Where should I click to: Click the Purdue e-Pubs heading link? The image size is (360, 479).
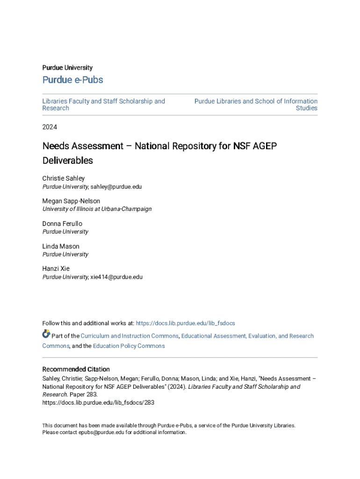point(72,80)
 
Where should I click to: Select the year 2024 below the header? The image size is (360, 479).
point(50,127)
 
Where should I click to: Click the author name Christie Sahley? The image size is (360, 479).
point(64,178)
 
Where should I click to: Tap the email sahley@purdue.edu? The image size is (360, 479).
point(116,187)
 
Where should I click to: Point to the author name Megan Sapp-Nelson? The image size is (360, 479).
point(71,201)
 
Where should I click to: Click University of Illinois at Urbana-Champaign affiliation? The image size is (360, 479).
point(97,209)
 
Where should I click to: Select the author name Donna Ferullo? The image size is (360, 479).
point(62,224)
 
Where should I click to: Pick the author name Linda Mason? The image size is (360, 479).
point(61,247)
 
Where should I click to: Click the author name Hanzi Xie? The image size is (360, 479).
point(56,269)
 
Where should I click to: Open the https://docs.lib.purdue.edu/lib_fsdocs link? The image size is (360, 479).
point(185,323)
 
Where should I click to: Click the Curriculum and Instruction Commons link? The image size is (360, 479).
point(130,336)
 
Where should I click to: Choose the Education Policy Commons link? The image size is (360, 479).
point(129,346)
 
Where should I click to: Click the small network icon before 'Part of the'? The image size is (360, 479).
point(46,334)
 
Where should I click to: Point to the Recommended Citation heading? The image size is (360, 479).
point(76,369)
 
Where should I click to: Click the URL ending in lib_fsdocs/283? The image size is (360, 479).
point(98,402)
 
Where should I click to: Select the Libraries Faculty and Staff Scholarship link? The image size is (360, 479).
point(103,101)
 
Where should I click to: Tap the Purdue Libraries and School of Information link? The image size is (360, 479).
point(256,101)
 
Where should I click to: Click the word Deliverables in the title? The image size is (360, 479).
point(68,160)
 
